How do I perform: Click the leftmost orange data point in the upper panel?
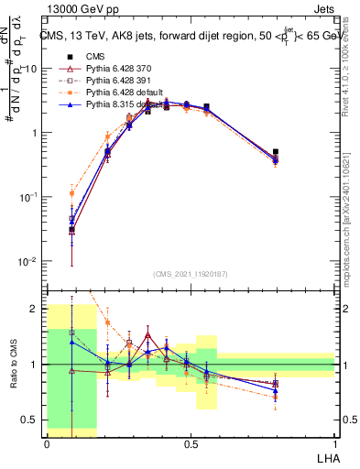click(x=71, y=193)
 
